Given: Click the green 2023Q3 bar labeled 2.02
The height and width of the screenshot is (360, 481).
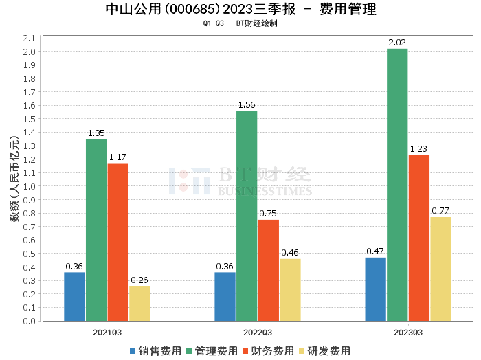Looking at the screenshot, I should [x=397, y=185].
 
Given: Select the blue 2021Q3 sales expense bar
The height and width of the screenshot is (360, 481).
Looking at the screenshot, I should [x=74, y=297].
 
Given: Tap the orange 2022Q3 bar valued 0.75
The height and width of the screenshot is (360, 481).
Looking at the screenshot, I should [x=269, y=270].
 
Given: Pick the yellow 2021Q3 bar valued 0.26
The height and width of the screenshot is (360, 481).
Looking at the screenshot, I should [x=139, y=303].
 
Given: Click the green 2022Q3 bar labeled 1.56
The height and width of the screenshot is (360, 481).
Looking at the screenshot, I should [x=247, y=216].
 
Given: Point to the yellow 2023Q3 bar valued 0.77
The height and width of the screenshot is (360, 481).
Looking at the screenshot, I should [x=440, y=269].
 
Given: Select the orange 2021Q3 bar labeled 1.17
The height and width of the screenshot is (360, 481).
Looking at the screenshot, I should [x=118, y=242].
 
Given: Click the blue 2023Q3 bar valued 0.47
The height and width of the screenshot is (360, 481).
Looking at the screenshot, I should [x=375, y=289].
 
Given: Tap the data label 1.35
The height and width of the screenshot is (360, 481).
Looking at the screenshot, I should [x=96, y=133].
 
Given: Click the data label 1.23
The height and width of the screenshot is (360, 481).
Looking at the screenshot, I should [x=418, y=148].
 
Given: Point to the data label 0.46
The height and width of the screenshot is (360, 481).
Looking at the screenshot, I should [x=290, y=252].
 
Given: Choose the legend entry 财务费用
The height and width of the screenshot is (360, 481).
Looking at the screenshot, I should [x=267, y=350].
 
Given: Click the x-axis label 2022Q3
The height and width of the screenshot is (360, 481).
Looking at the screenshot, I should [x=258, y=332].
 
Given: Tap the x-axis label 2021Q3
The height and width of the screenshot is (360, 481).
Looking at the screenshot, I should [x=107, y=332].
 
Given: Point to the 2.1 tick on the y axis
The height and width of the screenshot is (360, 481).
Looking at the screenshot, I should [x=29, y=38].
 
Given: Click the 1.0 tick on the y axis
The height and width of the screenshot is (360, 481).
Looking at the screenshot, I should [x=29, y=186].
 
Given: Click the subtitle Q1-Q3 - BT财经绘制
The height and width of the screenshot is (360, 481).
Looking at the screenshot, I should [x=240, y=23].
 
